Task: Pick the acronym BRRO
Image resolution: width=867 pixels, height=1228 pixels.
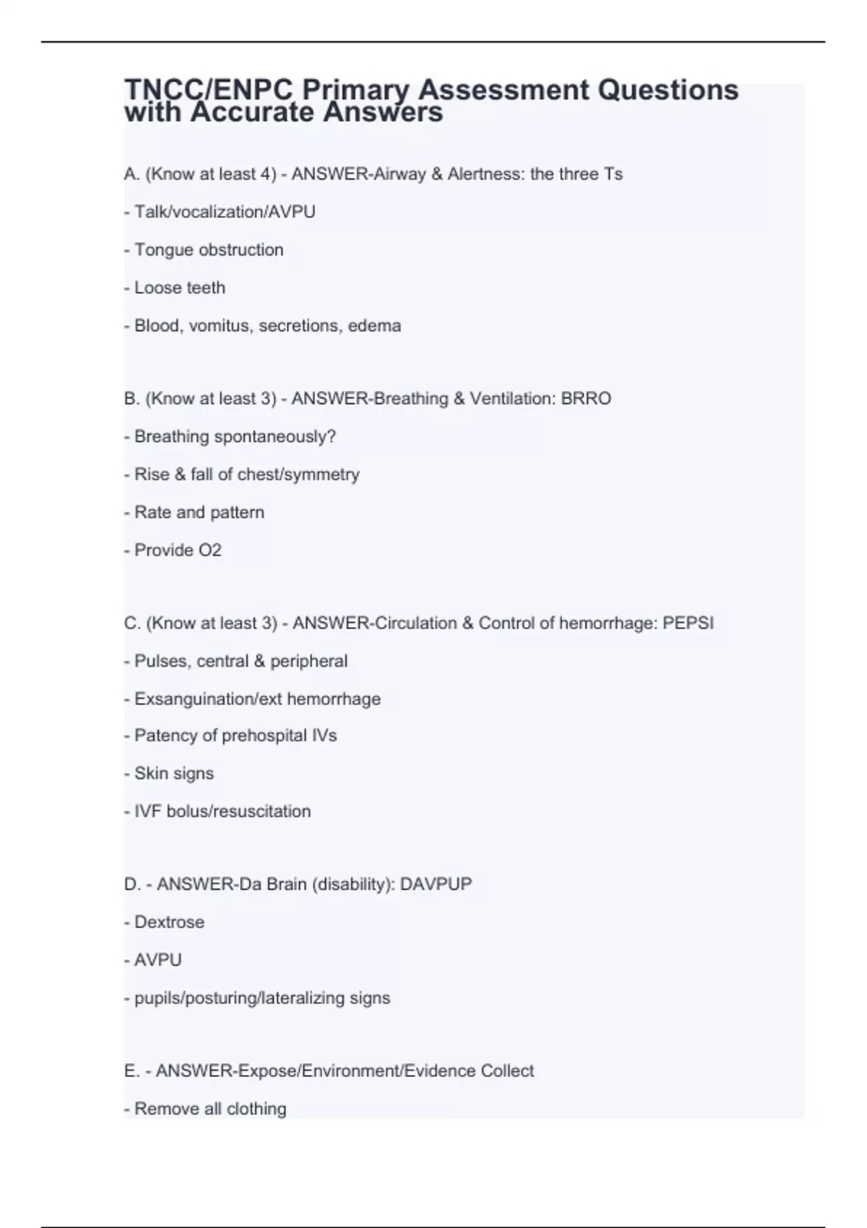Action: (x=586, y=399)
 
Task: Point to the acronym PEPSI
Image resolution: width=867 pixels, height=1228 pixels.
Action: (x=688, y=623)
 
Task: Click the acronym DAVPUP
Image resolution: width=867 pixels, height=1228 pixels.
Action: (x=436, y=884)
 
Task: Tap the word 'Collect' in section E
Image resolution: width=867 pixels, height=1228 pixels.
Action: (x=507, y=1071)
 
